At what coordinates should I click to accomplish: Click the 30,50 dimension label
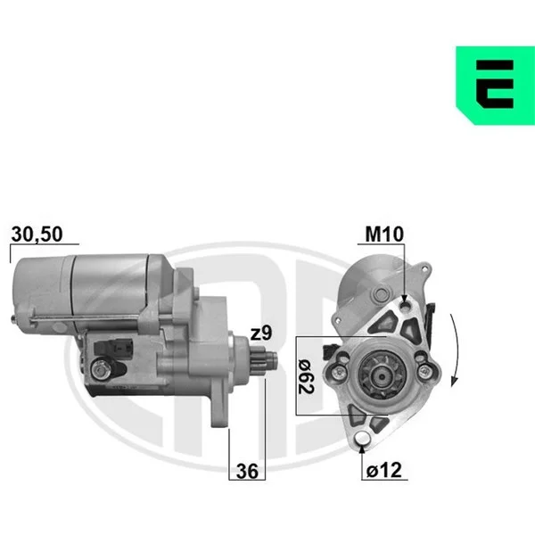point(37,234)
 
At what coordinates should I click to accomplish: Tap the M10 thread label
point(384,234)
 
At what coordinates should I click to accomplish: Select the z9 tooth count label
point(261,333)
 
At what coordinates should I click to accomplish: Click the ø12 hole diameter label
point(384,470)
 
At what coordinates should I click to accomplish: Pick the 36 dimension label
point(247,471)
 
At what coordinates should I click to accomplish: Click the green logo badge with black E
point(496,86)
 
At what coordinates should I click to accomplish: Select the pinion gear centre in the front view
point(383,376)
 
